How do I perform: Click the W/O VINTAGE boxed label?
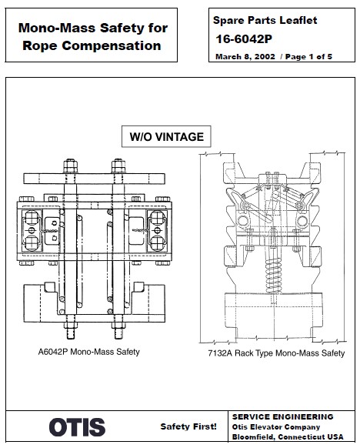point(166,137)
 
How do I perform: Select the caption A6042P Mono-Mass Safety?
point(88,352)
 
